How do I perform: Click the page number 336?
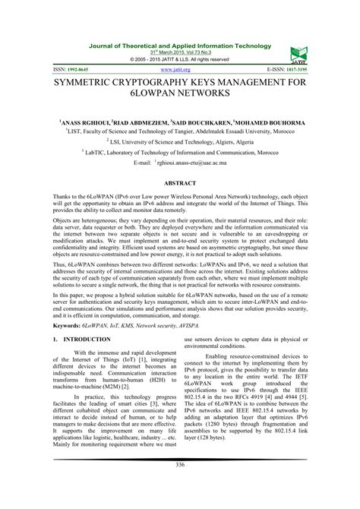(180, 485)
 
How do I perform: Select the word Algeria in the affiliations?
(259, 141)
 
